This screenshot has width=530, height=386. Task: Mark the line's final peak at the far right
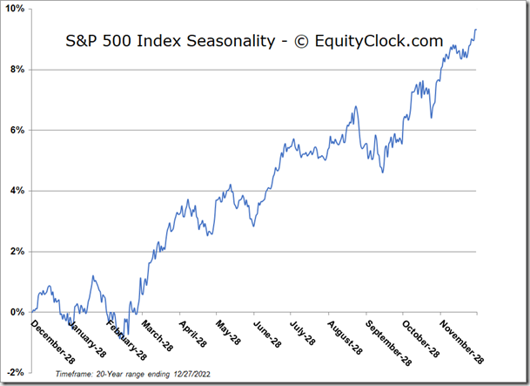tap(476, 30)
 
